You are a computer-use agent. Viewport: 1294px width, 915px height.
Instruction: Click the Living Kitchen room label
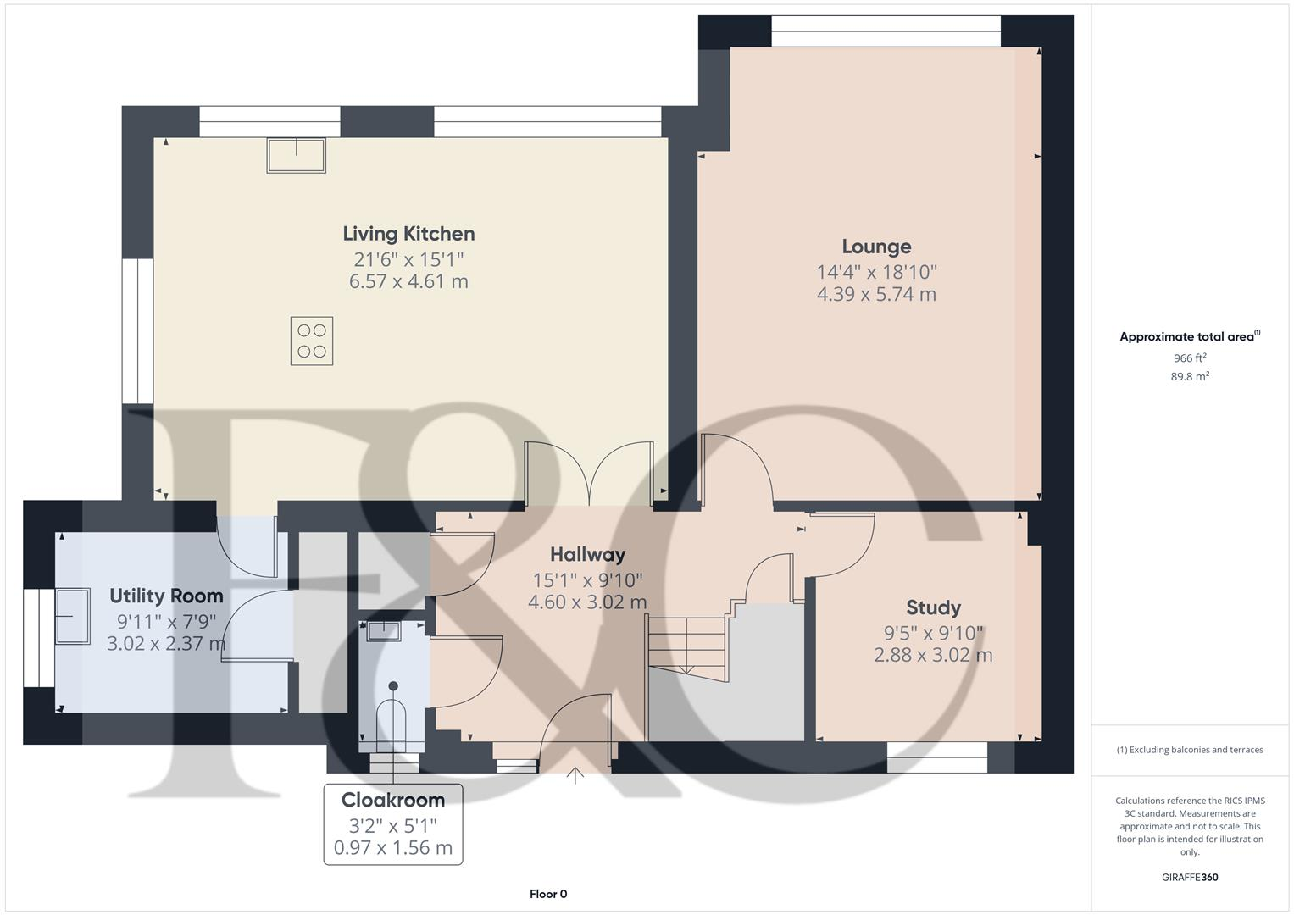pos(408,234)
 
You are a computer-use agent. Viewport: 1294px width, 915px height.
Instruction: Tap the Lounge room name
pos(876,247)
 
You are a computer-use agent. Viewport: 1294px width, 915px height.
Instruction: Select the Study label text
pos(933,607)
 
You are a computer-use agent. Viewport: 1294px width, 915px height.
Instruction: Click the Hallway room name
pos(587,555)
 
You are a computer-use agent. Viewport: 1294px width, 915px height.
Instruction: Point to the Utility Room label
pos(166,596)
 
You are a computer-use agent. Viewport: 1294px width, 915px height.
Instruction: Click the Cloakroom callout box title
pos(392,800)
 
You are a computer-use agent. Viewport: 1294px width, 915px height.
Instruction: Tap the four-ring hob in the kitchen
pos(311,341)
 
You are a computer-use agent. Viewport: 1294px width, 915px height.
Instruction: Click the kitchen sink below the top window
pos(296,155)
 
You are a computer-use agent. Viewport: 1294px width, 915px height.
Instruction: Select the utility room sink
pos(73,616)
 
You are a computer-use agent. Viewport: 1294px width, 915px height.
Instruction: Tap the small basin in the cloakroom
pos(385,629)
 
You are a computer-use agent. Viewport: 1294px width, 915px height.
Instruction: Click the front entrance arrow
pos(575,774)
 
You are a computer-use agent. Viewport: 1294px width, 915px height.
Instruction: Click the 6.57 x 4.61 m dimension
pos(408,281)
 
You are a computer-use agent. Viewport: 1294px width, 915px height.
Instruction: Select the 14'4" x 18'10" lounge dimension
pos(876,272)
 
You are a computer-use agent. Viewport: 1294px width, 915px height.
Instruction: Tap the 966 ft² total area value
pos(1190,358)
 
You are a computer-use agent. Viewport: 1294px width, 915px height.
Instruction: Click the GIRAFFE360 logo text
pos(1190,877)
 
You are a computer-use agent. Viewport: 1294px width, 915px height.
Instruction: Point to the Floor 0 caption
pos(548,894)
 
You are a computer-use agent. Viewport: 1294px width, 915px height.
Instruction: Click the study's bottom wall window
pos(936,757)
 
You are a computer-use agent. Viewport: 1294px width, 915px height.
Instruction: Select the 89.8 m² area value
pos(1190,377)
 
